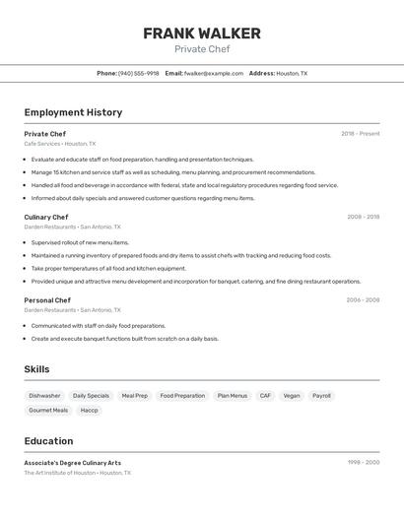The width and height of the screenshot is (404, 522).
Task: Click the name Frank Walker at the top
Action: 202,33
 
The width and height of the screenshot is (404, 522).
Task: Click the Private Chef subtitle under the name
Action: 202,49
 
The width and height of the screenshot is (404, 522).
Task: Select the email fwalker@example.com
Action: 214,74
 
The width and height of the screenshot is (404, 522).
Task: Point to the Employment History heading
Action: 73,112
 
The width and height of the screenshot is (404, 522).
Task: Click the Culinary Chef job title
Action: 46,217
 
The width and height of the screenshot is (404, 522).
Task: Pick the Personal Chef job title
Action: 47,300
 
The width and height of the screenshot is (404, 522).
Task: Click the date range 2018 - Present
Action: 361,134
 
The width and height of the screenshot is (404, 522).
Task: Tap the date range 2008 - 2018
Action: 363,217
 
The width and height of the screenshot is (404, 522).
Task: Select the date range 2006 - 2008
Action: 363,300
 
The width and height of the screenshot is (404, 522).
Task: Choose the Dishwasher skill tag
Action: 44,396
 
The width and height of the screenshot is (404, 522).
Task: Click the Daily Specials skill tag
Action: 91,396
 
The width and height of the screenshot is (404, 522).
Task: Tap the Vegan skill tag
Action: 292,396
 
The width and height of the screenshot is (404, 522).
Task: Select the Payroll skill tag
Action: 321,396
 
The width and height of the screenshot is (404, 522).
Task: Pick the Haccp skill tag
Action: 89,410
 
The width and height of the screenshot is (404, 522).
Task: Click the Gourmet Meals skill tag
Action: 48,410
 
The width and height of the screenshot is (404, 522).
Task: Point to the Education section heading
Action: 48,441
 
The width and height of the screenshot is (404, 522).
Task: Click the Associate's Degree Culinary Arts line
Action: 73,463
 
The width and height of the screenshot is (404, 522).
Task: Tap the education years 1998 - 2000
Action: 363,463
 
